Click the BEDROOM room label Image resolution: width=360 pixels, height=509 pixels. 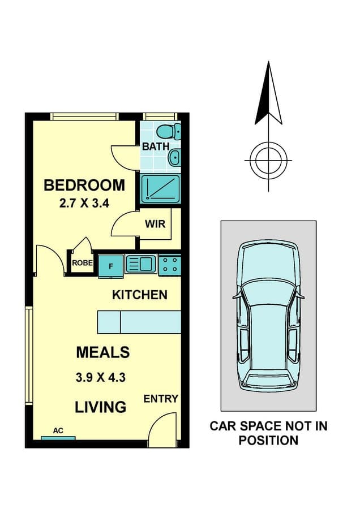pos(84,185)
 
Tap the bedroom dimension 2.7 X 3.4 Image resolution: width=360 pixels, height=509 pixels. pos(84,204)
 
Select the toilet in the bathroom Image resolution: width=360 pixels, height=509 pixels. pos(168,131)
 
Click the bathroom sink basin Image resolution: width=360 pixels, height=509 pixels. pos(174,158)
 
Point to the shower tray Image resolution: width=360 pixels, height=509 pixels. pos(160,188)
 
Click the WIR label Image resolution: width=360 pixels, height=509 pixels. pos(155,224)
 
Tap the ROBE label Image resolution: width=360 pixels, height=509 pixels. pos(82,263)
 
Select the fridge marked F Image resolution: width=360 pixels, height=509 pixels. pos(111,266)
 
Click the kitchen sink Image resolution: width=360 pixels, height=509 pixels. pos(141,264)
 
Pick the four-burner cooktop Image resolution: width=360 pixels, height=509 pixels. pos(170,265)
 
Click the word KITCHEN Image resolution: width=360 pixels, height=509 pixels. pos(140,295)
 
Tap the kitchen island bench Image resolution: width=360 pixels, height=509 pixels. pos(139,322)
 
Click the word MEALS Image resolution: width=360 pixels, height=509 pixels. pos(102,352)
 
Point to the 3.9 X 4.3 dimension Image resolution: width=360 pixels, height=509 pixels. pos(100,378)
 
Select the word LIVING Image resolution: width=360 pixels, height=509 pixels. pos(100,407)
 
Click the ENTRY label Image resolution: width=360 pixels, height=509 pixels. pos(161,399)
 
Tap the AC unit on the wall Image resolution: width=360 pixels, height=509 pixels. pos(58,438)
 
